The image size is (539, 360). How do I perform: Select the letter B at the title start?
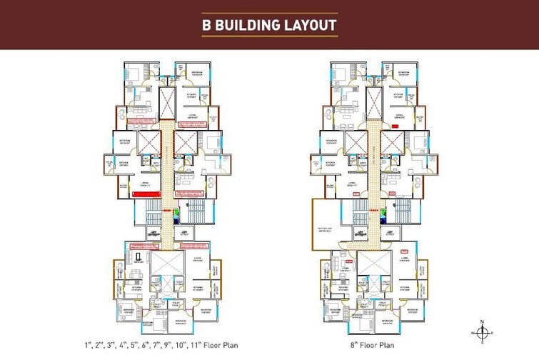pos(207,25)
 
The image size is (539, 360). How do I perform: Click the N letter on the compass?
pos(483,321)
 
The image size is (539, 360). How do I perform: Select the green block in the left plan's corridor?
pos(177,212)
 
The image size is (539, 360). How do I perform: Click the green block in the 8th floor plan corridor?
pos(383,212)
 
